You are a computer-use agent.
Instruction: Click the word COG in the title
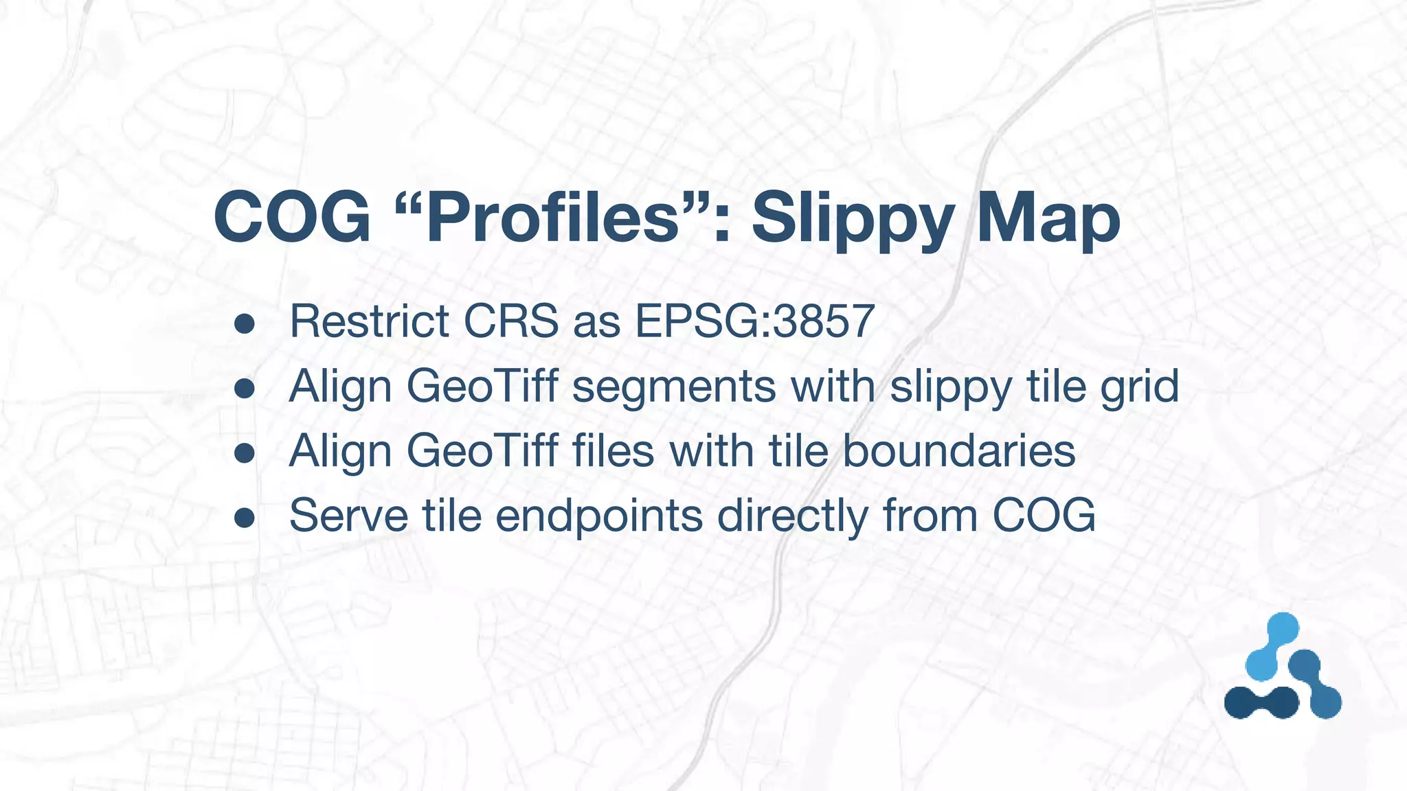pyautogui.click(x=293, y=218)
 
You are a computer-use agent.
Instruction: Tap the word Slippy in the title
pyautogui.click(x=853, y=220)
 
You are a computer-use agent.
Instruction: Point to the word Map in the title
pyautogui.click(x=1048, y=220)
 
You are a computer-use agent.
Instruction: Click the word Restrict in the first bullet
pyautogui.click(x=370, y=321)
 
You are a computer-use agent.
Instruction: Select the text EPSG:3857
pyautogui.click(x=755, y=321)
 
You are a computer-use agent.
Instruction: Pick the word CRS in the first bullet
pyautogui.click(x=511, y=321)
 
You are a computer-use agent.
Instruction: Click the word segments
pyautogui.click(x=674, y=387)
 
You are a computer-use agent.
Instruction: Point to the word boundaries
pyautogui.click(x=959, y=451)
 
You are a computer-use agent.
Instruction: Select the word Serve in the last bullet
pyautogui.click(x=349, y=516)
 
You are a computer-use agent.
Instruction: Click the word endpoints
pyautogui.click(x=599, y=517)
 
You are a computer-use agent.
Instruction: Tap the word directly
pyautogui.click(x=793, y=517)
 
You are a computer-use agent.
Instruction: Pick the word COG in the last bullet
pyautogui.click(x=1044, y=516)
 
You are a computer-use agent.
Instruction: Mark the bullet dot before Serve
pyautogui.click(x=245, y=518)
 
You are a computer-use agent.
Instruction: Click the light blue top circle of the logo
pyautogui.click(x=1282, y=629)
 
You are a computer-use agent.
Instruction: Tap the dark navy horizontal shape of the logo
pyautogui.click(x=1261, y=702)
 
